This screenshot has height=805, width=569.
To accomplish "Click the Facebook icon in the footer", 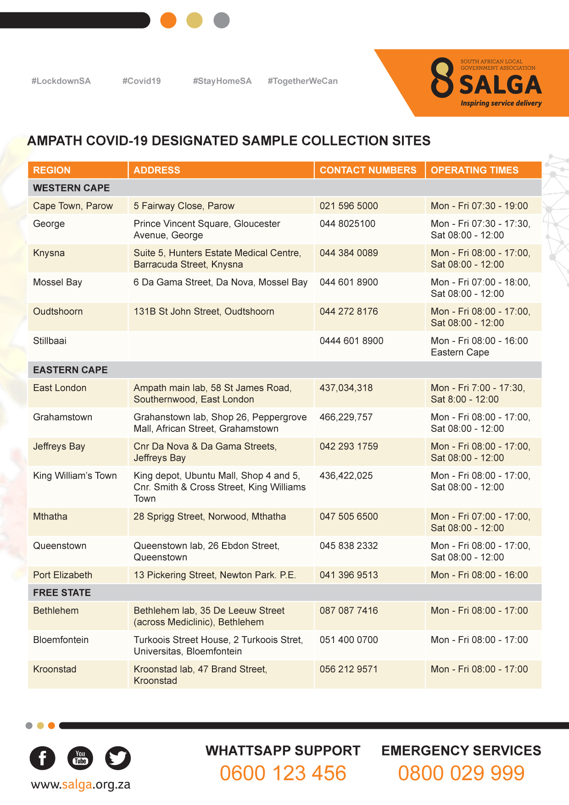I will (42, 758).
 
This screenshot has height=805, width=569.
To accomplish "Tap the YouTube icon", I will (80, 758).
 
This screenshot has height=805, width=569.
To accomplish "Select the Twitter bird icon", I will (118, 758).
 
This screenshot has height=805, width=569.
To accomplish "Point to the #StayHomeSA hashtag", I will (222, 81).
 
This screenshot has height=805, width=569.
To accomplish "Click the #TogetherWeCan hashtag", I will (302, 81).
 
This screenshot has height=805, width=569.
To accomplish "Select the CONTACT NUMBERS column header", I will (368, 170).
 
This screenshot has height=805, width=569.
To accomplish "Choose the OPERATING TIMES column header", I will (474, 170).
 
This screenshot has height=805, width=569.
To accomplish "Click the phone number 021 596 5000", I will (349, 206).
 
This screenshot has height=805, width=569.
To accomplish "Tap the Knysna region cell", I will (49, 253).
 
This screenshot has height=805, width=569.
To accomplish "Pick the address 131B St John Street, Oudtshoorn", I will (204, 312).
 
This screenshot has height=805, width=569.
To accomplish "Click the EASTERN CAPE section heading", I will (70, 370).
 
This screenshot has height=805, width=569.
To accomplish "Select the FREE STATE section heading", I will (62, 593).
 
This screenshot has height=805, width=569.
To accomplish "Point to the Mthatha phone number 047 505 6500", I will (349, 517).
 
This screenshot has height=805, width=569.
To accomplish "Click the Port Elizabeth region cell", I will (62, 575).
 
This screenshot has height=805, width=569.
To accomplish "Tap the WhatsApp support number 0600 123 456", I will (283, 773).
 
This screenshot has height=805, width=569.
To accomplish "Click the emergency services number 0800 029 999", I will (461, 773).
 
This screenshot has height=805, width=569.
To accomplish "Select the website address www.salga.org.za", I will (81, 784).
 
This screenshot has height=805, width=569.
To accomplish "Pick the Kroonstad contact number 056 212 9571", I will (349, 669).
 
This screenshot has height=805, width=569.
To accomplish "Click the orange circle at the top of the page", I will (168, 20).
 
